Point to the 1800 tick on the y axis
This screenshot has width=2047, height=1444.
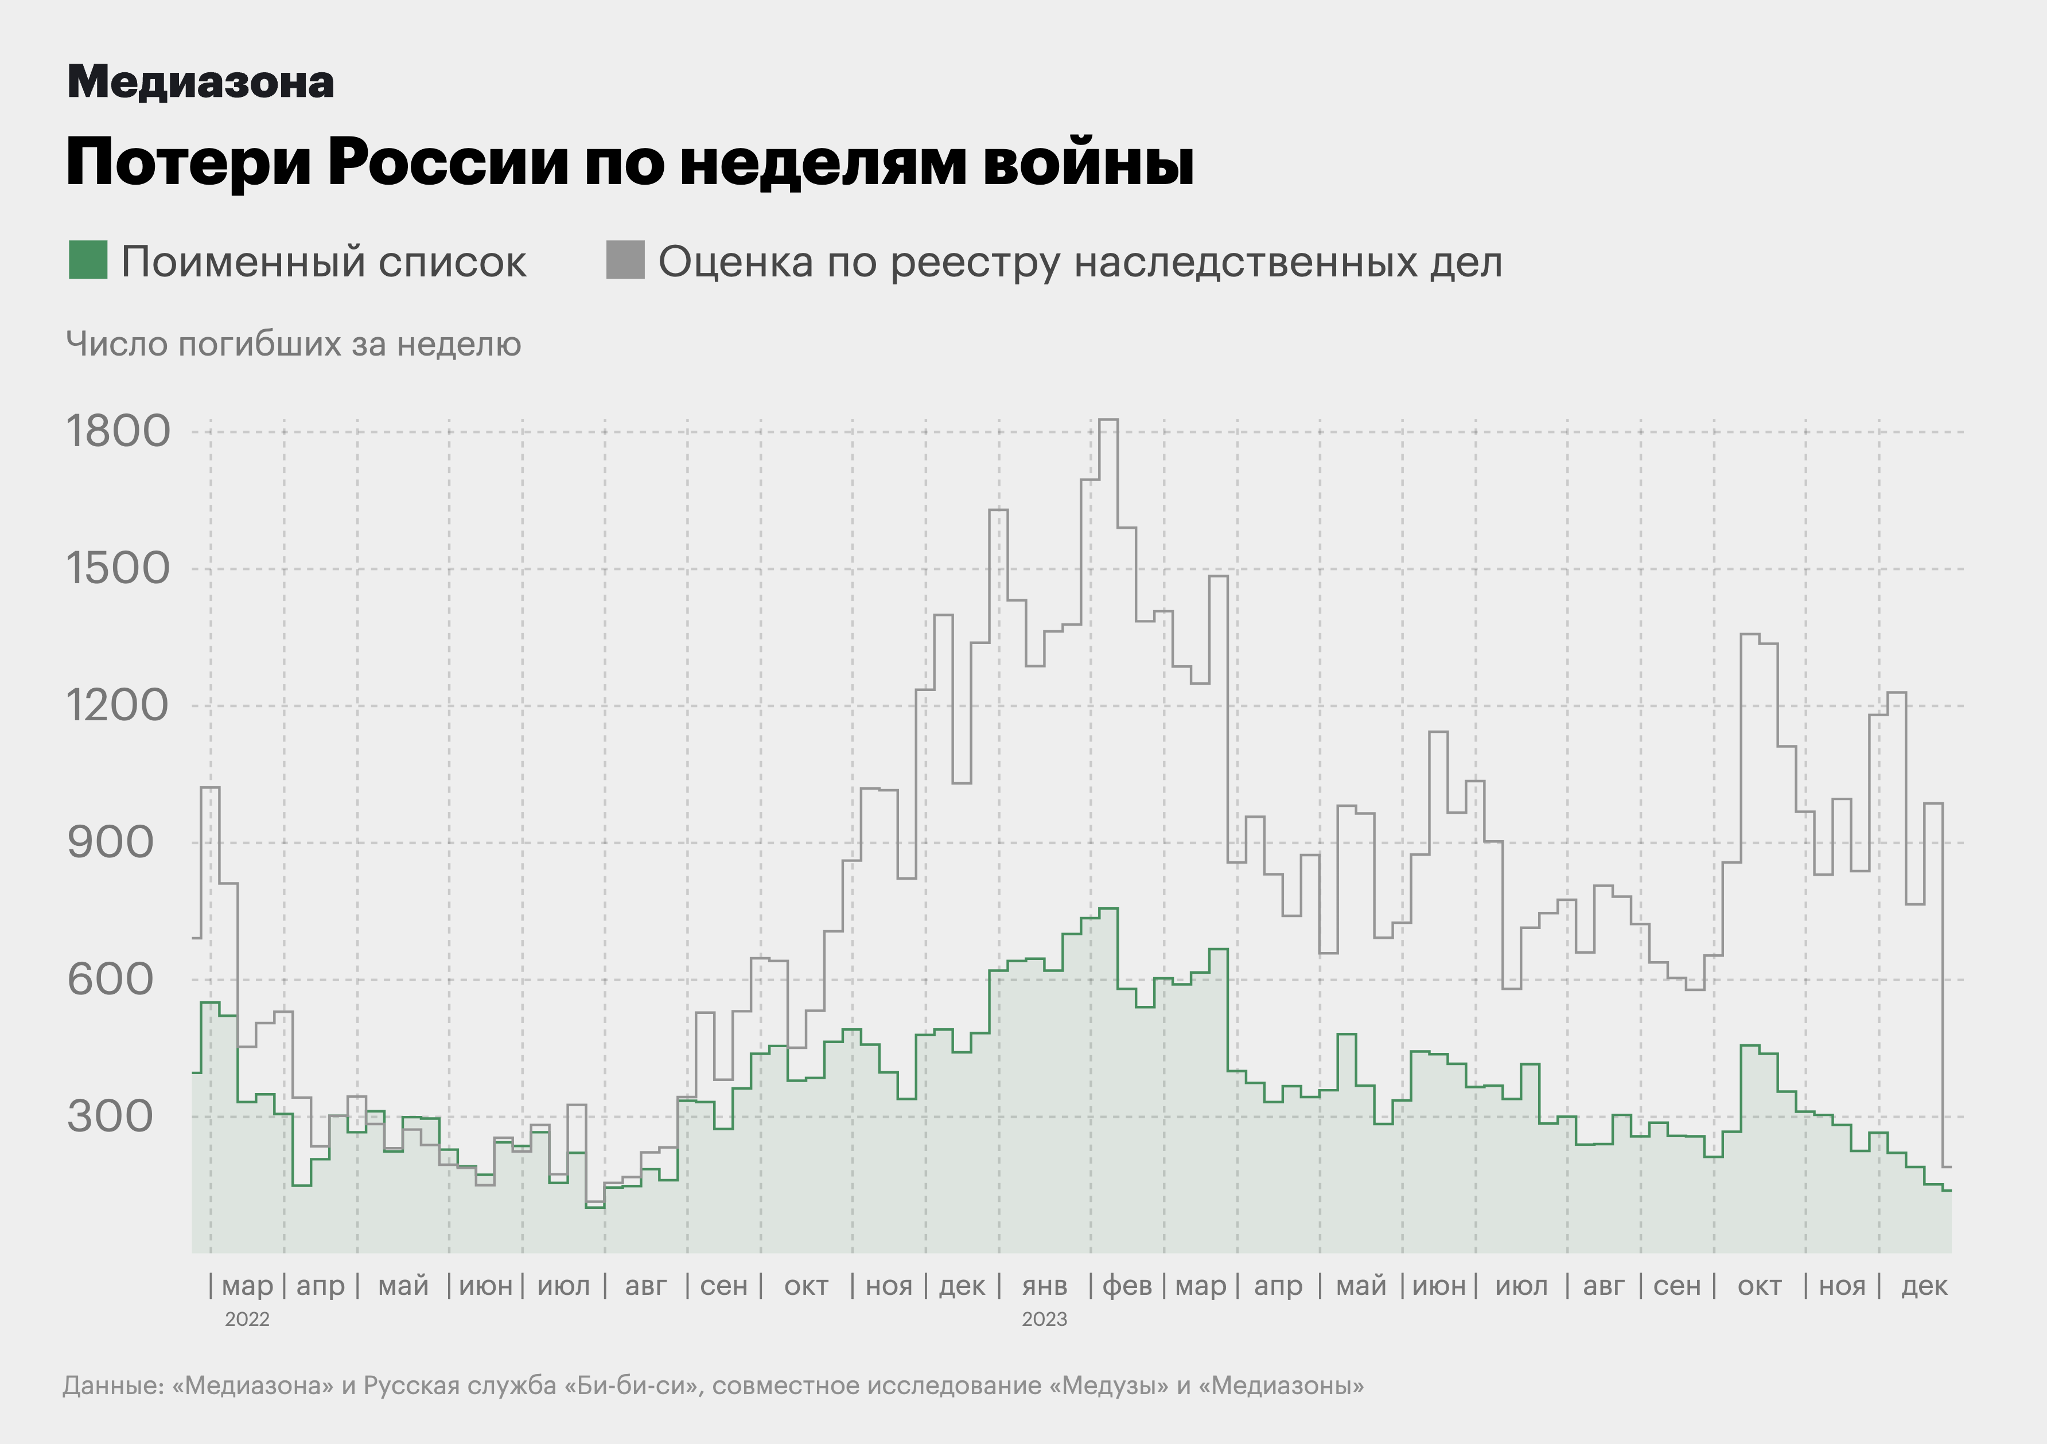click(x=118, y=431)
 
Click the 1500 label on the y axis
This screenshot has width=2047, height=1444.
click(x=118, y=569)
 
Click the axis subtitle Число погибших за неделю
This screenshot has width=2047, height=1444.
click(x=293, y=344)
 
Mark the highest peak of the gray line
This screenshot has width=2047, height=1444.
click(x=1108, y=420)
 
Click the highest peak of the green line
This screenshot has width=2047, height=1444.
click(x=1108, y=909)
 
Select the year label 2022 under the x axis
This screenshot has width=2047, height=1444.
click(x=247, y=1319)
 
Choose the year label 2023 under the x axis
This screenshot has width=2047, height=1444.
click(x=1044, y=1319)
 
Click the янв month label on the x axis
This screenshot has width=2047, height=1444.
click(x=1044, y=1286)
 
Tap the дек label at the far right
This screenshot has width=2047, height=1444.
click(x=1924, y=1286)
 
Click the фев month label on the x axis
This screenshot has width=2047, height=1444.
click(x=1127, y=1286)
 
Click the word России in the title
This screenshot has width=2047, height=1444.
click(x=447, y=162)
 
